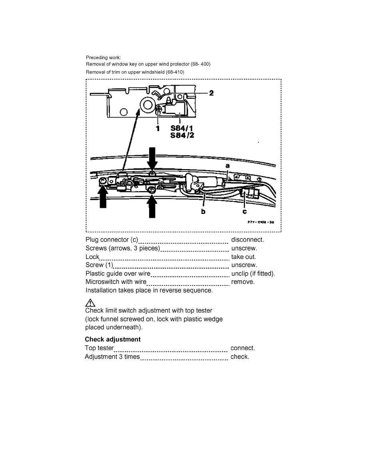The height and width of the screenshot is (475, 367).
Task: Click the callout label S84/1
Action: (182, 129)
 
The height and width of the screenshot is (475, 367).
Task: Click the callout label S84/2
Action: (182, 136)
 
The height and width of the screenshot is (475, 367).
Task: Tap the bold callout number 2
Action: (211, 93)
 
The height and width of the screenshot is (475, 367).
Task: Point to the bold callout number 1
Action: (158, 129)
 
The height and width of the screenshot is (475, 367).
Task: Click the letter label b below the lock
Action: (203, 212)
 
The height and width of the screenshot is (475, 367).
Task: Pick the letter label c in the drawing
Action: (244, 212)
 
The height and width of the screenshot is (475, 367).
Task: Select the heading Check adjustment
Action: (113, 339)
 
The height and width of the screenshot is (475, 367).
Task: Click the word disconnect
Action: (247, 240)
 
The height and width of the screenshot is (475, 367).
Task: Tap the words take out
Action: (243, 257)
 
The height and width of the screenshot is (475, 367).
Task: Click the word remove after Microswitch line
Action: (243, 282)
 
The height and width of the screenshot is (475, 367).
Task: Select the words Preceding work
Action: (100, 58)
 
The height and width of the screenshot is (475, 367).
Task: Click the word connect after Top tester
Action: (243, 348)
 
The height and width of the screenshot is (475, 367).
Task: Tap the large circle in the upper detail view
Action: (147, 105)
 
